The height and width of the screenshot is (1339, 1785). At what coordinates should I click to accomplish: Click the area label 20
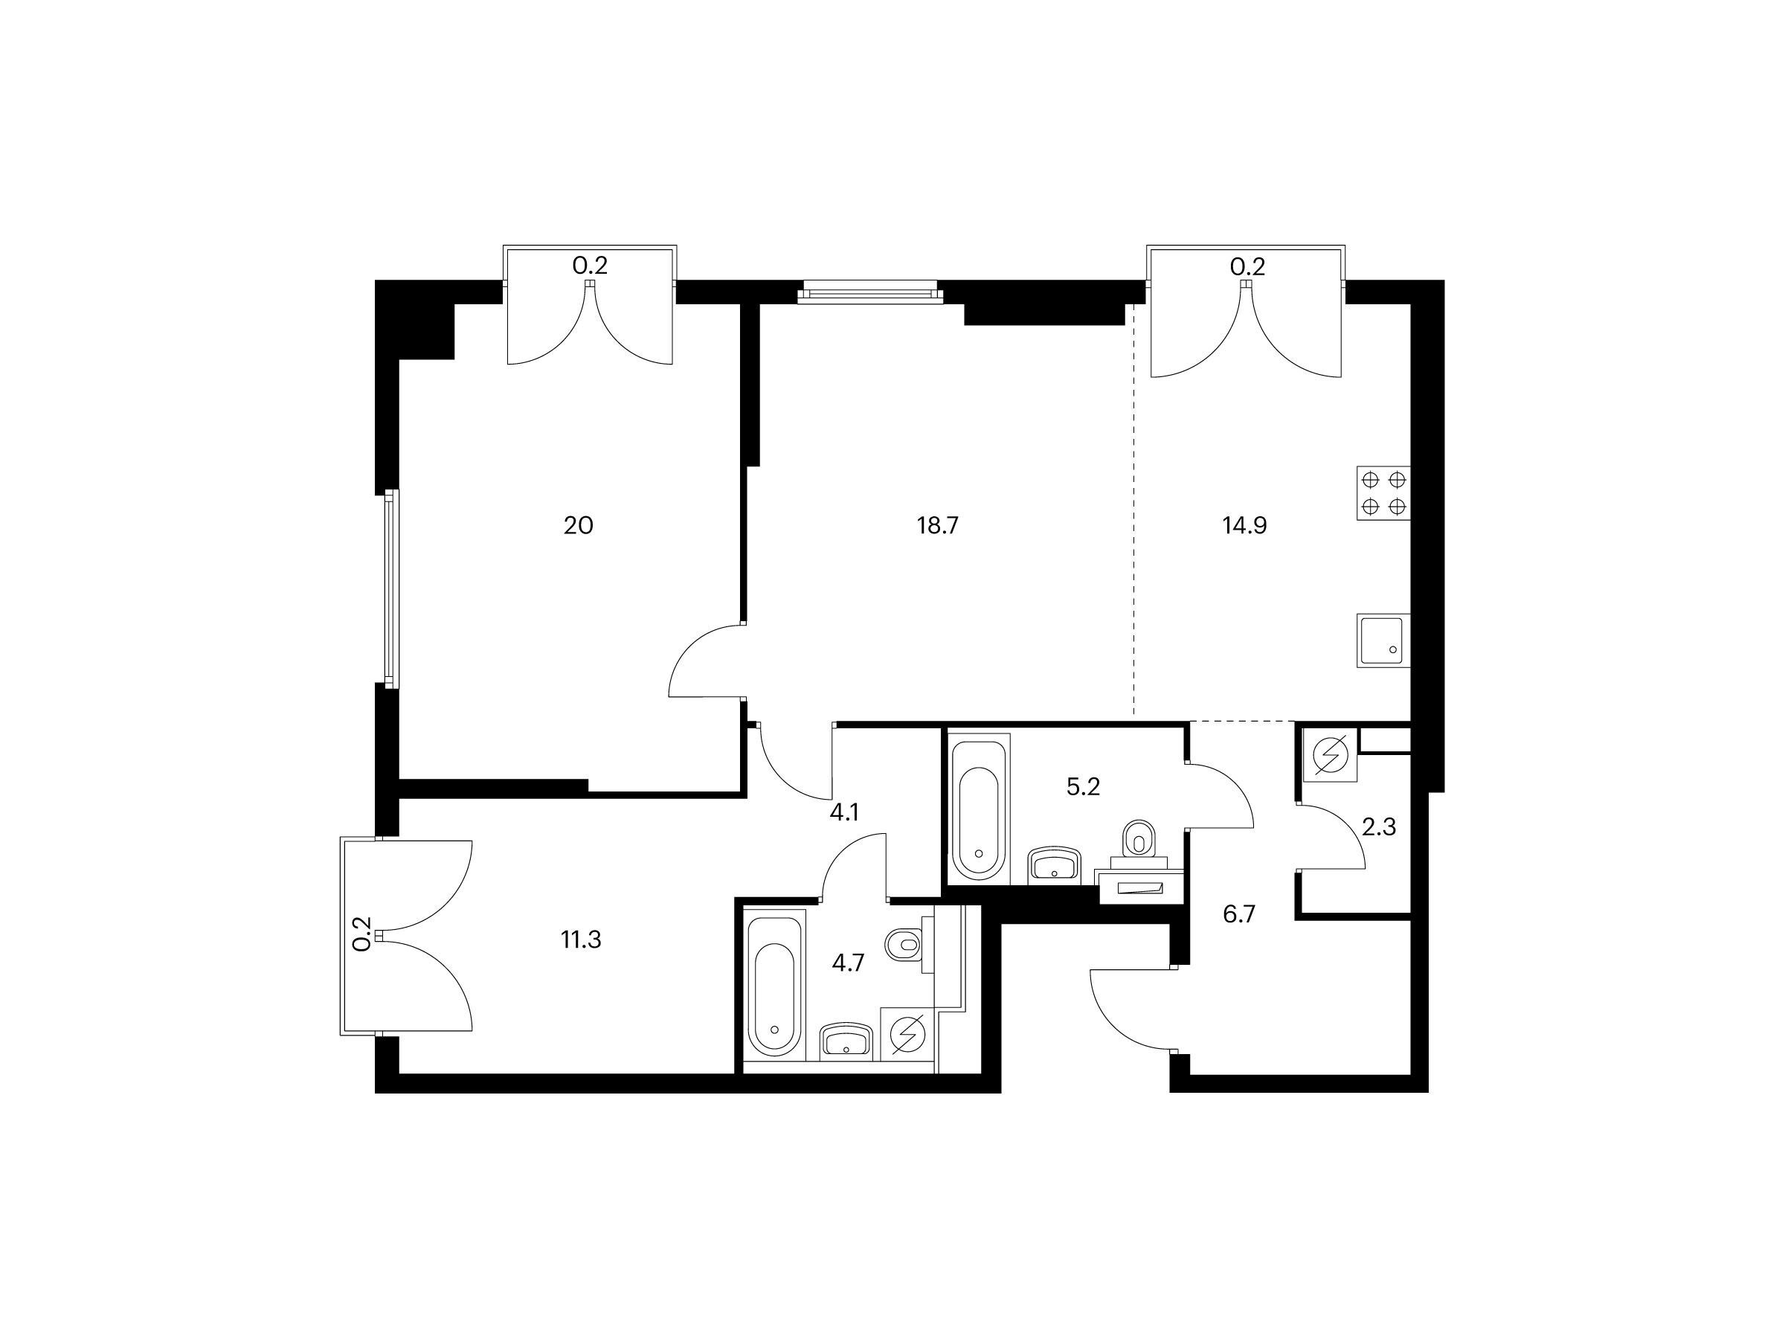pyautogui.click(x=578, y=526)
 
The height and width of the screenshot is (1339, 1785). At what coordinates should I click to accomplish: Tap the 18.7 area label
pyautogui.click(x=937, y=526)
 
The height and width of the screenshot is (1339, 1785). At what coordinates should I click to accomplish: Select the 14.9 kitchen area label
pyautogui.click(x=1244, y=526)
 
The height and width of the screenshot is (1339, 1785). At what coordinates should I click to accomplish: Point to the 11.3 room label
pyautogui.click(x=581, y=940)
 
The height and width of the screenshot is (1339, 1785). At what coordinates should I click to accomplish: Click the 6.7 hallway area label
pyautogui.click(x=1240, y=915)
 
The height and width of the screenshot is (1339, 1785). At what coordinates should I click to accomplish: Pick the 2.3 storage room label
pyautogui.click(x=1378, y=827)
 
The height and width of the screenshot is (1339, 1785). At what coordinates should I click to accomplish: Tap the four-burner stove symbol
pyautogui.click(x=1384, y=494)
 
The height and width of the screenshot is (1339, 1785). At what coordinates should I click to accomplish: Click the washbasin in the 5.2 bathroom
pyautogui.click(x=1055, y=866)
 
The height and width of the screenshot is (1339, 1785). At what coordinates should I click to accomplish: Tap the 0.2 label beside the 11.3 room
pyautogui.click(x=363, y=933)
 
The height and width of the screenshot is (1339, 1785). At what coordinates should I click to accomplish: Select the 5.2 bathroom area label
pyautogui.click(x=1083, y=787)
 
